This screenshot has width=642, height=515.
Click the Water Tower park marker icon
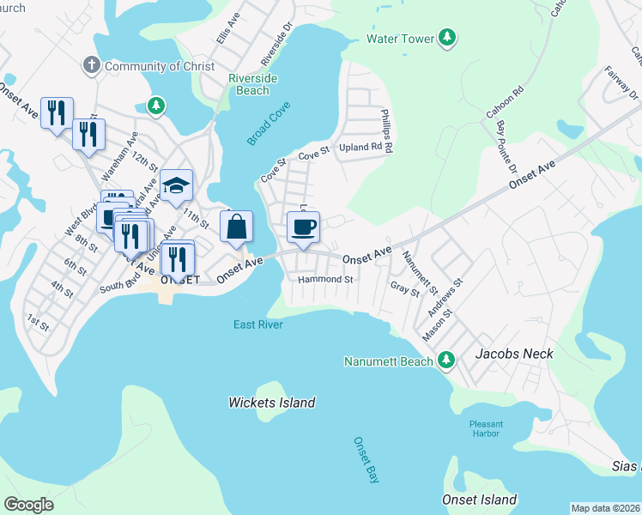(x=446, y=38)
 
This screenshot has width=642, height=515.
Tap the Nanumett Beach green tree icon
(x=445, y=360)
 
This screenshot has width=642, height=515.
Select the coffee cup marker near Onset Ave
(x=303, y=227)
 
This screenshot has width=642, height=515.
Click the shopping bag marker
(x=236, y=227)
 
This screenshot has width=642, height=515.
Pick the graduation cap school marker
(x=176, y=185)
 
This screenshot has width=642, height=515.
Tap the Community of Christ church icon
(x=91, y=65)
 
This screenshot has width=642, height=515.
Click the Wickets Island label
(x=272, y=403)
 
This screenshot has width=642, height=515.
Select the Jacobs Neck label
(x=515, y=354)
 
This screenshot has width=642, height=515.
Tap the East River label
(x=258, y=324)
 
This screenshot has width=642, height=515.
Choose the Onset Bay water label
(x=366, y=460)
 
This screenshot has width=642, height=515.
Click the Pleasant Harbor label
(x=486, y=429)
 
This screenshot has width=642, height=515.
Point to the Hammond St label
(x=325, y=280)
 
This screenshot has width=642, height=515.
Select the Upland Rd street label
(x=360, y=147)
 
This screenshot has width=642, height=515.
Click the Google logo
(x=28, y=505)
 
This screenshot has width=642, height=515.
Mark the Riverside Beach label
(x=252, y=84)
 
